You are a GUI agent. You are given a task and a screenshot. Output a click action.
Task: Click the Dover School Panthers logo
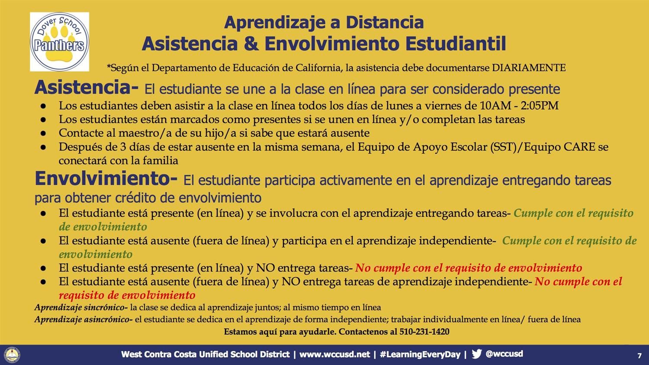(x=59, y=42)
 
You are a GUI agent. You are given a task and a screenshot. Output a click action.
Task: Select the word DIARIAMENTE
(x=529, y=68)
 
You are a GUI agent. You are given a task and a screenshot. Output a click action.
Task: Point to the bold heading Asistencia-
(x=87, y=87)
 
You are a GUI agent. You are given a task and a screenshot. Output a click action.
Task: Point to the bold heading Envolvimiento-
(x=106, y=178)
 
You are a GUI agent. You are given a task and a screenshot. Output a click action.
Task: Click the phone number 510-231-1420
(x=424, y=332)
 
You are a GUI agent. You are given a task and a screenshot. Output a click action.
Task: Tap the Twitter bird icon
(x=477, y=354)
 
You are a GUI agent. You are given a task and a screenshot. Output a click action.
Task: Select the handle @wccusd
(x=504, y=354)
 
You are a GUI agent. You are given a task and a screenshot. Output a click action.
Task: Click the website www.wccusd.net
(x=334, y=354)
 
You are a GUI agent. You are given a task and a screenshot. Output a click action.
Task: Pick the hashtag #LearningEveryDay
(x=420, y=354)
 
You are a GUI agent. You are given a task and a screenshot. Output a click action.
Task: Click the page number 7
(x=639, y=356)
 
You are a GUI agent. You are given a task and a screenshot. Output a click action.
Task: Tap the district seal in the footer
(x=12, y=355)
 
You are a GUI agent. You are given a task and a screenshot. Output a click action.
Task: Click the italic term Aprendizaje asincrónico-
(x=84, y=320)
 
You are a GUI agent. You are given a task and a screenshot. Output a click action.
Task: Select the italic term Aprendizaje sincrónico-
(x=81, y=307)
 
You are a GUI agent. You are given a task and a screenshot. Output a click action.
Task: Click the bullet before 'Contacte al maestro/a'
(x=43, y=133)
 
